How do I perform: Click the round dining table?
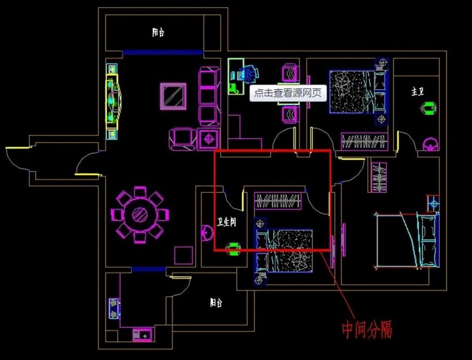pos(139,214)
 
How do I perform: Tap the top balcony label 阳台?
pos(158,31)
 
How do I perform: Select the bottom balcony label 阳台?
pos(216,303)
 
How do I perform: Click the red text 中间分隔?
pos(367,329)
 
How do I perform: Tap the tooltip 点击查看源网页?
pos(288,93)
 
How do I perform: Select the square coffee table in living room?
pos(173,95)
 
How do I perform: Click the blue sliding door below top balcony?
pos(163,52)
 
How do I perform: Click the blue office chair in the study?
pos(248,74)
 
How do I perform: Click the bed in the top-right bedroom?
pos(351,90)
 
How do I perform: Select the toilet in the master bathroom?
pos(429,144)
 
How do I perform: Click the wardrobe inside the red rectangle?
pos(277,199)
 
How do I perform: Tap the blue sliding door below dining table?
pos(148,269)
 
